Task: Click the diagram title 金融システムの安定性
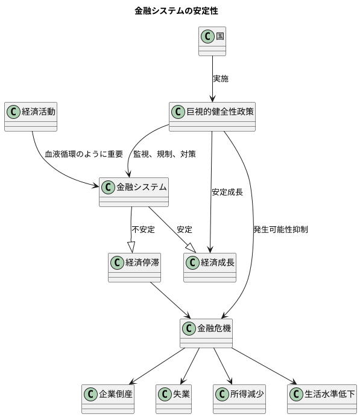click(x=176, y=11)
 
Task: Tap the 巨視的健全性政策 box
click(x=212, y=116)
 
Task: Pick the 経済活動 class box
click(x=31, y=116)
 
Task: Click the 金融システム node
click(x=133, y=192)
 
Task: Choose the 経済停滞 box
click(x=134, y=267)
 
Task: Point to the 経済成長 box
click(x=210, y=267)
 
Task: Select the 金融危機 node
click(x=206, y=334)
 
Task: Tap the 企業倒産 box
click(x=108, y=398)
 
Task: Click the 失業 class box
click(x=174, y=398)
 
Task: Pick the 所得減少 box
click(x=239, y=398)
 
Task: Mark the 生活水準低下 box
click(x=322, y=398)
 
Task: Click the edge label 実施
click(x=221, y=78)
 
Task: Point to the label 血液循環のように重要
click(x=84, y=154)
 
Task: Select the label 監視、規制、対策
click(x=165, y=154)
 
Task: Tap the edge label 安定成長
click(x=227, y=193)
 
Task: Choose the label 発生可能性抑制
click(x=281, y=229)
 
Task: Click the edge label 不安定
click(x=144, y=229)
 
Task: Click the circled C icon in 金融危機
click(x=189, y=328)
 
